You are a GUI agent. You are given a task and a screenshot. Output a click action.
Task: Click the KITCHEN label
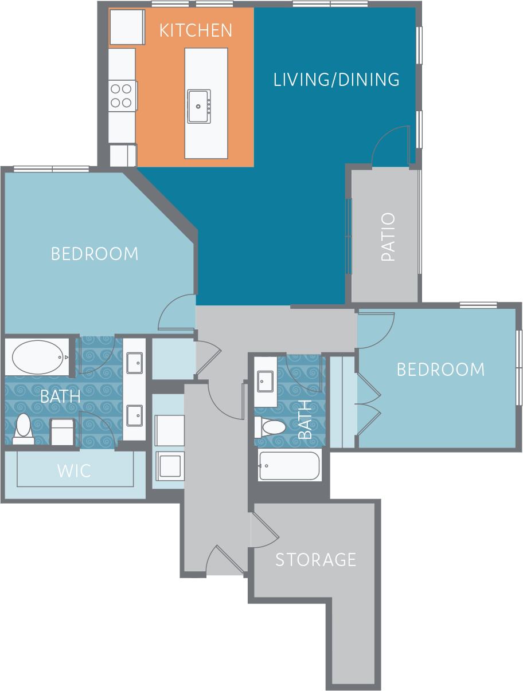click(196, 30)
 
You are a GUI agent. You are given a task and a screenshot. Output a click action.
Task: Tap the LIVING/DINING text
click(337, 79)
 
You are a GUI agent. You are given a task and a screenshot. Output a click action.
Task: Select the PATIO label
click(388, 237)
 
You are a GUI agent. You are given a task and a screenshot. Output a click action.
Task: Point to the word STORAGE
click(316, 559)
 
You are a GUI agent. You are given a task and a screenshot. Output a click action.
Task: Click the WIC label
click(74, 471)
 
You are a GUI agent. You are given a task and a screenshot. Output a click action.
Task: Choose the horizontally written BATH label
click(60, 395)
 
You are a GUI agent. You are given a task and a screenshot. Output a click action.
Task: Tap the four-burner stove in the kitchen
click(122, 96)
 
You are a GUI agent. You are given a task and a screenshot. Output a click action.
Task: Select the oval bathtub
click(37, 357)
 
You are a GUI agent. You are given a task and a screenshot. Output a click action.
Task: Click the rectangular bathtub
click(288, 466)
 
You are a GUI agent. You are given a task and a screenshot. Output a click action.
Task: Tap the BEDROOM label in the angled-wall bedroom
click(95, 253)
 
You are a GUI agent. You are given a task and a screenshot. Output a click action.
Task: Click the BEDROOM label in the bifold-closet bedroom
click(440, 370)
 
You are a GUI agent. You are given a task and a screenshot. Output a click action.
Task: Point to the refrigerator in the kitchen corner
click(127, 26)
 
